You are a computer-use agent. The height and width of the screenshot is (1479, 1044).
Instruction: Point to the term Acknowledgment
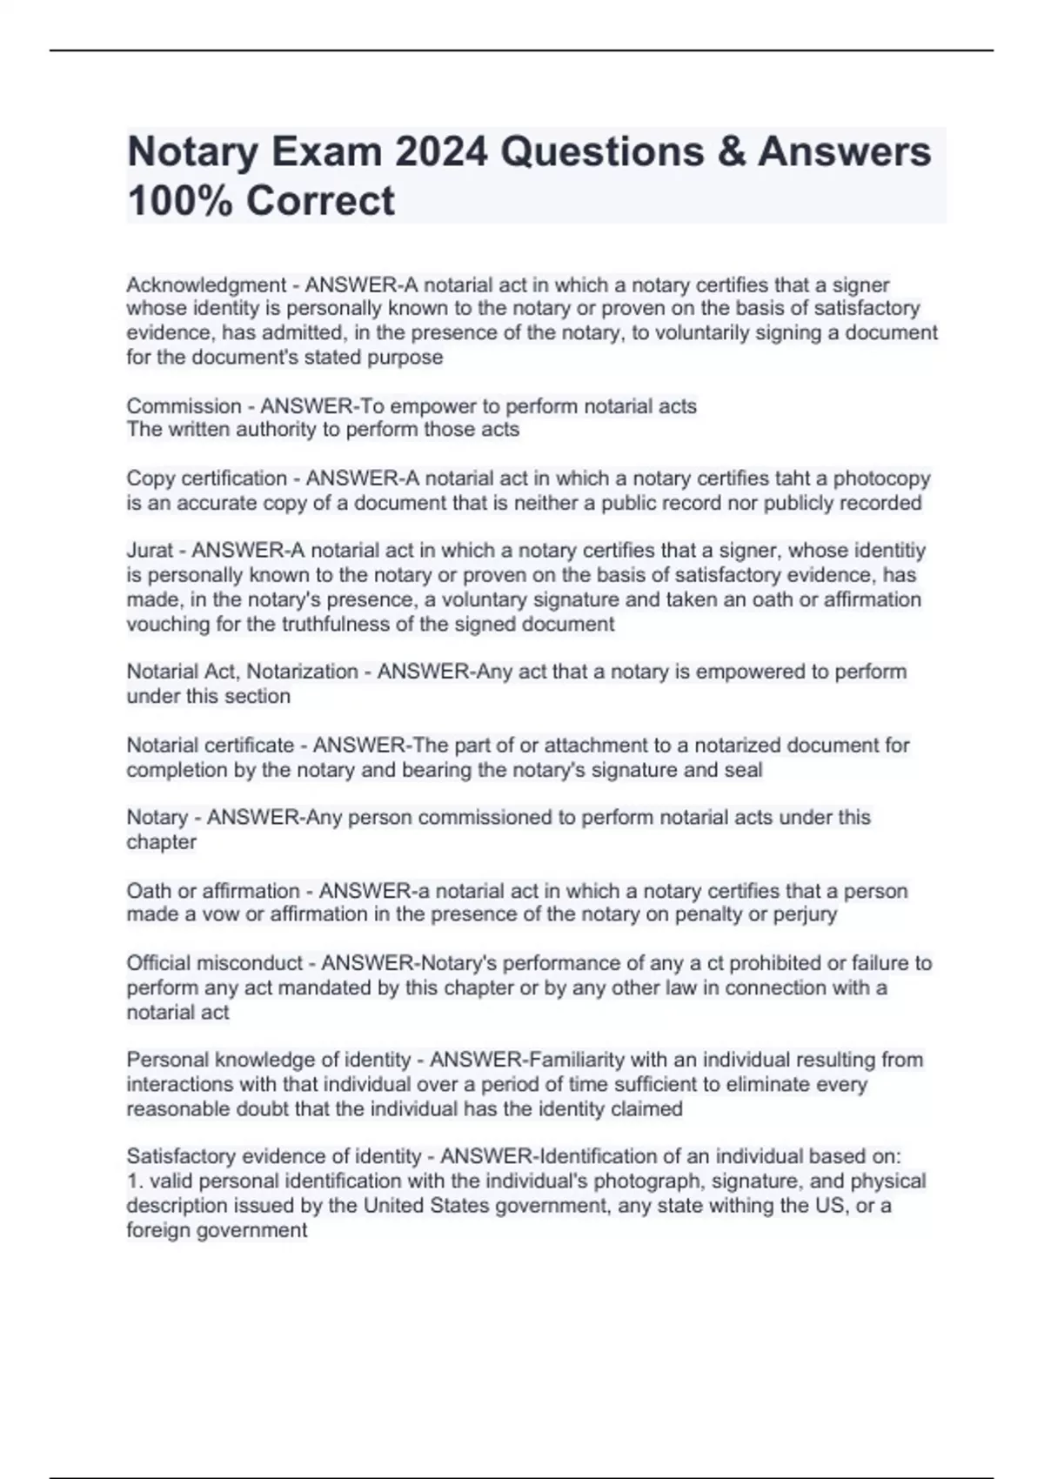pos(206,285)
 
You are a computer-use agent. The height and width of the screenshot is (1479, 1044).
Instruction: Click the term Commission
pos(184,406)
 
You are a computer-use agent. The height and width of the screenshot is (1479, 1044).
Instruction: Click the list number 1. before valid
pos(134,1181)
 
